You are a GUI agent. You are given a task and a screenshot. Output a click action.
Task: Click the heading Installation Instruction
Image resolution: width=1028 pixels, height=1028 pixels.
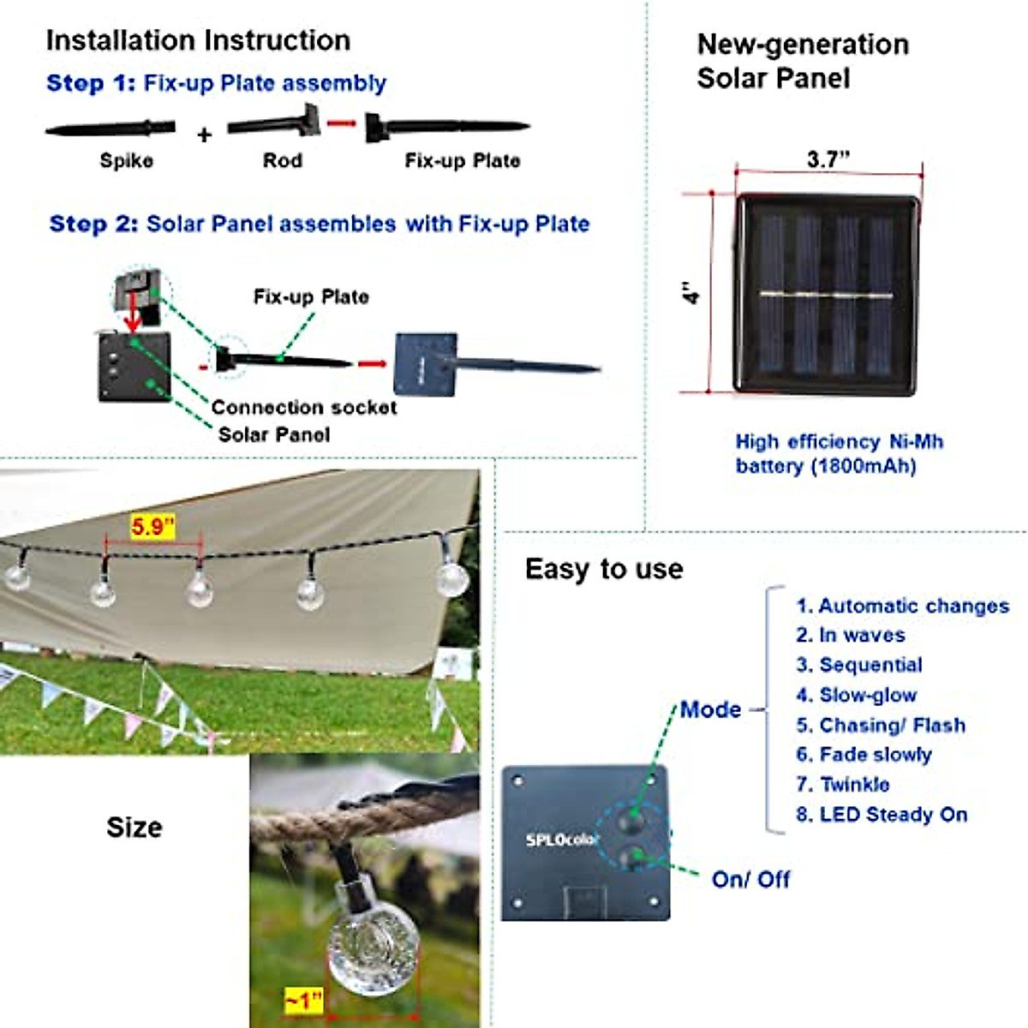pos(198,40)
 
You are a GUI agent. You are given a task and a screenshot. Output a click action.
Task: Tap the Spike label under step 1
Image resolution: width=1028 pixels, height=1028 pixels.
pos(127,161)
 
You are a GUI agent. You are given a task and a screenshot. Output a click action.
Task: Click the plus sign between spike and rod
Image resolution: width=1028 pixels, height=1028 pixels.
pos(204,134)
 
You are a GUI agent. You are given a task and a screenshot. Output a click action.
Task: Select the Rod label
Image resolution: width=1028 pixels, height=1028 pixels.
pos(282,161)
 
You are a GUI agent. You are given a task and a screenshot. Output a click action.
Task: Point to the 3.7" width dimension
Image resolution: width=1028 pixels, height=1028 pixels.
pos(828,159)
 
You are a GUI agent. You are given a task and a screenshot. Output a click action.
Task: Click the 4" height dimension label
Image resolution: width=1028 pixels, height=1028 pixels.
pos(691,293)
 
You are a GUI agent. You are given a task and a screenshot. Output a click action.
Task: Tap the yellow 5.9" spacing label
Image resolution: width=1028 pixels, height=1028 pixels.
pos(152,527)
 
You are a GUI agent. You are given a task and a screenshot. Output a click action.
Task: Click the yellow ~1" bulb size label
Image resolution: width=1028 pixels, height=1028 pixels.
pos(304,1000)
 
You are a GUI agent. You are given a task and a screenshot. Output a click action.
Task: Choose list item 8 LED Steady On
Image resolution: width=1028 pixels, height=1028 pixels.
pos(882,815)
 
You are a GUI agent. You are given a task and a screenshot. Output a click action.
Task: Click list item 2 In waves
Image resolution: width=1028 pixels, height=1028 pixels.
pos(850,636)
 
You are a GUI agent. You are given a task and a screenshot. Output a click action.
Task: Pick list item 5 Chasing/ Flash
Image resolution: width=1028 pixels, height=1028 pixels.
pos(881,726)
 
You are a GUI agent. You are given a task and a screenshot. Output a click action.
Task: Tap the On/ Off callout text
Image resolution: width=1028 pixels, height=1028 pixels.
pos(750,880)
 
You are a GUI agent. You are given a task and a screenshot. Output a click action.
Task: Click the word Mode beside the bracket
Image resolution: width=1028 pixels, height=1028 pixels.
pos(710,709)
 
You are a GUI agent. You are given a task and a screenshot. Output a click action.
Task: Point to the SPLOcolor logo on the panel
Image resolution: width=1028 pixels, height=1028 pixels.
pos(562,840)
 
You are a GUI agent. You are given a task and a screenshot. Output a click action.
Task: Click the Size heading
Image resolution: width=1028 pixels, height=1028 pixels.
pos(134,828)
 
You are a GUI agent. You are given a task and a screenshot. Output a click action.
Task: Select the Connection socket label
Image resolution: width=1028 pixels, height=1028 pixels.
pos(303,408)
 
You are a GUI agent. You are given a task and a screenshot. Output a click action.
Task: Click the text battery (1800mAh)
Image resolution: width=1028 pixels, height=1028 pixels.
pos(825,467)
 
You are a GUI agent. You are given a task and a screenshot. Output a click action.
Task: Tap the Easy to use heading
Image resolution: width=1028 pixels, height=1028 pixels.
pos(604,570)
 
